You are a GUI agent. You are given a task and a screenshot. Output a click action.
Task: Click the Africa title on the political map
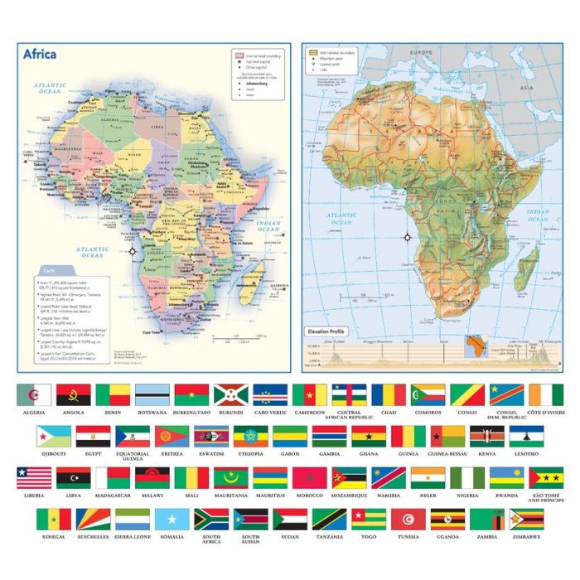coord(40,55)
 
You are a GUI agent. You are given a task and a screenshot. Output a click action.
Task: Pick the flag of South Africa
coord(211,520)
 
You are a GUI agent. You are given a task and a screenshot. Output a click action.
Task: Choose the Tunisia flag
coord(408,520)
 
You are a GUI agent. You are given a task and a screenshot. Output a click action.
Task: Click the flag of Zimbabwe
coord(527,520)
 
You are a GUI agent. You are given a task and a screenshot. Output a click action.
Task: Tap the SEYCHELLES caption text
coord(94,537)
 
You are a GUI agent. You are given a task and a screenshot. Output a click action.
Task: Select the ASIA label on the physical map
coord(525,86)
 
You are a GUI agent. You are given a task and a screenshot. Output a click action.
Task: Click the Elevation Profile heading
coord(326,331)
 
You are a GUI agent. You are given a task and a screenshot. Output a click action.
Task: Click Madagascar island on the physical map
coord(525,269)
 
